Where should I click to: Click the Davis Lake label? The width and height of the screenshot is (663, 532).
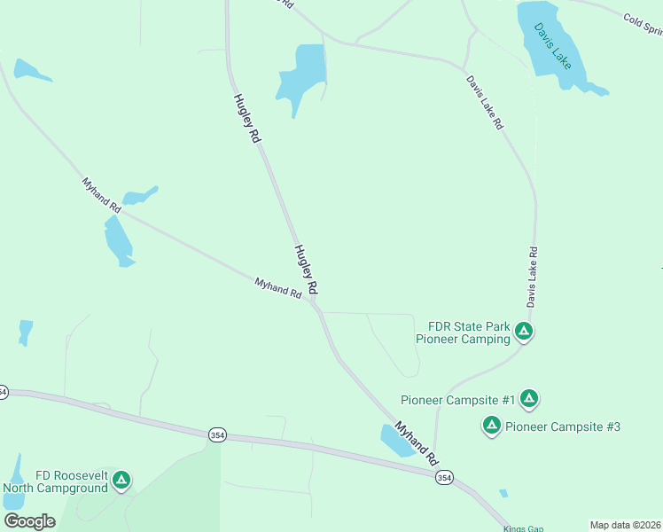tap(552, 47)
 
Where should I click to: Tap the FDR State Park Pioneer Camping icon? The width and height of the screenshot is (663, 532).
tap(524, 332)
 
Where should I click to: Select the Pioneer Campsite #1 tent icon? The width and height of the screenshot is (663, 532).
tap(529, 399)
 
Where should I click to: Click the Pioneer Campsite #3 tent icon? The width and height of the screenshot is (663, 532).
tap(491, 426)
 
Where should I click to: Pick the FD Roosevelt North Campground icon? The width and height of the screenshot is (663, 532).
tap(121, 481)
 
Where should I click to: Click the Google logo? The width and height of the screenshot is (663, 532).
tap(29, 521)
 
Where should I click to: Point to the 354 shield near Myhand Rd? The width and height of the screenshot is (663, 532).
tap(443, 477)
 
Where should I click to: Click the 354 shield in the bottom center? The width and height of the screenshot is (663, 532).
tap(217, 434)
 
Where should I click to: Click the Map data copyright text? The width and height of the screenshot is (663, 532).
tap(625, 524)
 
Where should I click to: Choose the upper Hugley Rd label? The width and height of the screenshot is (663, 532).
tap(246, 119)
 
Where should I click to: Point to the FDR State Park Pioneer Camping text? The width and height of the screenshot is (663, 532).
tap(464, 332)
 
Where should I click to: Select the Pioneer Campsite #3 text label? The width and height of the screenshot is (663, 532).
tap(562, 426)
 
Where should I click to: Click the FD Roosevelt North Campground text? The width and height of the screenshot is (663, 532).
tap(55, 481)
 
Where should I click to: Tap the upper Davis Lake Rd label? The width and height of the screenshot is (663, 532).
tap(485, 103)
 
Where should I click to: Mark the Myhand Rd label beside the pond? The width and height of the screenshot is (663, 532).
tap(417, 443)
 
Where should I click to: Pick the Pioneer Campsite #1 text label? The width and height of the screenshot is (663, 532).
tap(457, 400)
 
